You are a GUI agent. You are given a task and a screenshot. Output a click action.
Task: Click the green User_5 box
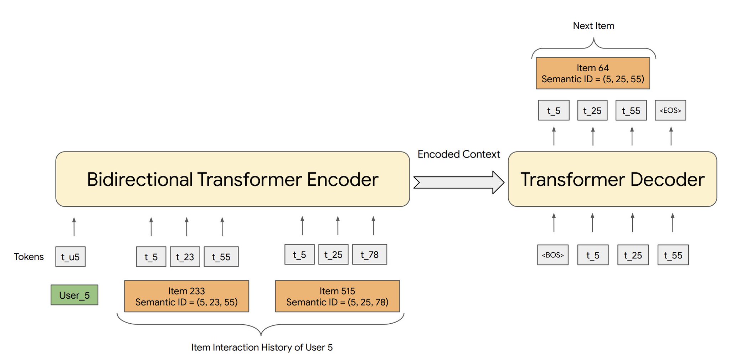click(x=74, y=295)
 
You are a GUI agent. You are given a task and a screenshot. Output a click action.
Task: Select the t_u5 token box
click(x=70, y=257)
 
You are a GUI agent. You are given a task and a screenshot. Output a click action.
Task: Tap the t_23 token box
click(x=185, y=257)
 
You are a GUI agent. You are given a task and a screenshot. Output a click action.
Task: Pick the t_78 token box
click(x=369, y=254)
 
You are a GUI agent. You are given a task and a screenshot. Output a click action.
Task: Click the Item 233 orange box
click(x=186, y=296)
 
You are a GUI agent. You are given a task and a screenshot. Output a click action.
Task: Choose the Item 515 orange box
click(x=337, y=296)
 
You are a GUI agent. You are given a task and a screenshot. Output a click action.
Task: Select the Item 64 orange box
click(x=593, y=73)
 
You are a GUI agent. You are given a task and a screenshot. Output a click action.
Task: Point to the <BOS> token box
click(x=552, y=255)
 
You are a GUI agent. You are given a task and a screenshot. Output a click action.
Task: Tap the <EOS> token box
click(x=670, y=110)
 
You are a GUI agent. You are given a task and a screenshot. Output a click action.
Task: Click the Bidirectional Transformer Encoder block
click(x=232, y=179)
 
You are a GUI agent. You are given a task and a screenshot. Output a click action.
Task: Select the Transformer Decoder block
click(x=612, y=179)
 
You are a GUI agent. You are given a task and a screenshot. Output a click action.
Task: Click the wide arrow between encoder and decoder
click(x=458, y=182)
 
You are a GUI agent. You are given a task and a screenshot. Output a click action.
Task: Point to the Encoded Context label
click(x=458, y=154)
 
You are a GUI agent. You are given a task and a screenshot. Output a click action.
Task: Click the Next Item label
click(x=593, y=26)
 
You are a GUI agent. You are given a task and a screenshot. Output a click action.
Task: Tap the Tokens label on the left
click(x=29, y=257)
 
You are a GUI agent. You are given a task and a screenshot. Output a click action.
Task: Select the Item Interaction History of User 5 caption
click(x=262, y=347)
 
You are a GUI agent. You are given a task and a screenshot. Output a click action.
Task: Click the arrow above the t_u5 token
click(x=74, y=227)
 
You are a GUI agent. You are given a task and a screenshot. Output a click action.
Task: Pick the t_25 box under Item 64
click(x=592, y=110)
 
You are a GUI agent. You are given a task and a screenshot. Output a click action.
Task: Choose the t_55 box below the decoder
click(x=673, y=255)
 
